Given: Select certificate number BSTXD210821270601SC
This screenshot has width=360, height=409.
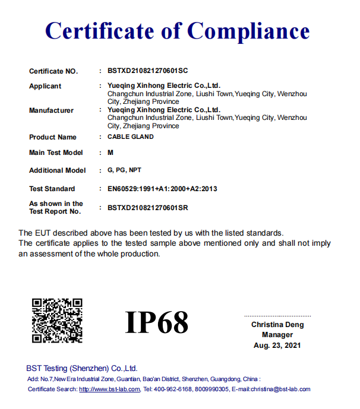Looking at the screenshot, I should (147, 71).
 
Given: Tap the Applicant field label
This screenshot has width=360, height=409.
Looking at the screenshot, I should (45, 86).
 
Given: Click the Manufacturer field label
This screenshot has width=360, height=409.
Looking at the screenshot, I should (51, 110).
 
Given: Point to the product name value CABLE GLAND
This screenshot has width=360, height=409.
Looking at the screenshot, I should (131, 137).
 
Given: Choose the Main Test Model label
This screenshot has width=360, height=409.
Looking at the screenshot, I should (56, 153).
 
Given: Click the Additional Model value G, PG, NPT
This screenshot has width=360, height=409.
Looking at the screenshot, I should (124, 170).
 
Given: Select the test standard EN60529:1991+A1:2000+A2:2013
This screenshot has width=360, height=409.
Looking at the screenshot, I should (162, 189).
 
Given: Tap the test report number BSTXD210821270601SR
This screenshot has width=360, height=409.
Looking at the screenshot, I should (148, 208).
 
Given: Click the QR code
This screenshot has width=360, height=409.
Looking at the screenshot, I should (57, 321).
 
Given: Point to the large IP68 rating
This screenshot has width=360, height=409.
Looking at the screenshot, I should (157, 322).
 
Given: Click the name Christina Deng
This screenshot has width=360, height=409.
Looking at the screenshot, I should (277, 325).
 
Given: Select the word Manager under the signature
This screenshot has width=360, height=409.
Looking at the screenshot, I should (277, 335).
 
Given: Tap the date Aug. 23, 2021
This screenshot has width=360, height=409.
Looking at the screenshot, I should (277, 345).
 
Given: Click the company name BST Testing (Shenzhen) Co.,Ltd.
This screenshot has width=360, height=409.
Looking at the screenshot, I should (82, 368).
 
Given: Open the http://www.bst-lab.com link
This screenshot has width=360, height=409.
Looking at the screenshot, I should (109, 389).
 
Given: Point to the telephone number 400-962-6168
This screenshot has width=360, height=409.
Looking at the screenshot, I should (173, 389).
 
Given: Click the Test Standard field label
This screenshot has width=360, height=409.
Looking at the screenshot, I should (52, 189).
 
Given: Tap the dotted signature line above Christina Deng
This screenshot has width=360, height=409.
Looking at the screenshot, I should (277, 316).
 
